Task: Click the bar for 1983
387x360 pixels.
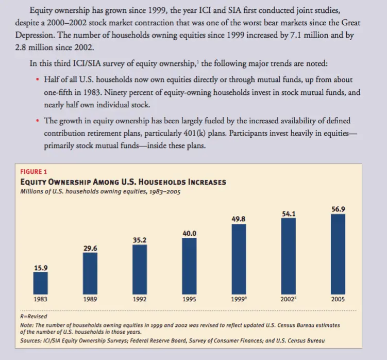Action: [40, 283]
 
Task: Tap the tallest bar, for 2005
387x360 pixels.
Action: [338, 253]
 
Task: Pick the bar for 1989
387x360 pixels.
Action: [90, 273]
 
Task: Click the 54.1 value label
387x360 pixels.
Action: [289, 213]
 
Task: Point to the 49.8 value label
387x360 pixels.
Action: [239, 219]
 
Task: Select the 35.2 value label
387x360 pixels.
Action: [140, 240]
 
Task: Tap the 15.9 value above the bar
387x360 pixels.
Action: [40, 267]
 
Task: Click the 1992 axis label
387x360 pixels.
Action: [140, 299]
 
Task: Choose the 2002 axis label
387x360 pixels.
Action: [289, 299]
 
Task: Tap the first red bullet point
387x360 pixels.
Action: [38, 81]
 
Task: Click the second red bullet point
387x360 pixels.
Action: [38, 121]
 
